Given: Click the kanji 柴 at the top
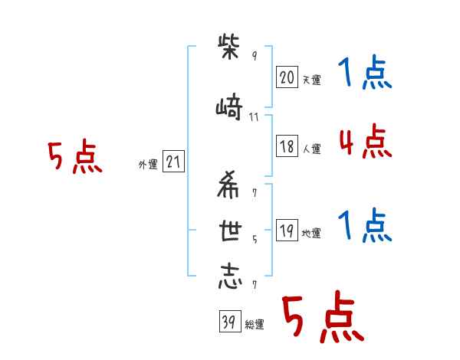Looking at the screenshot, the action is (228, 47).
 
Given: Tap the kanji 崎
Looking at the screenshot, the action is (229, 106).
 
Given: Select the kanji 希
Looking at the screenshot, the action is (228, 185).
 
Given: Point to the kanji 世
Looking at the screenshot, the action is (230, 231).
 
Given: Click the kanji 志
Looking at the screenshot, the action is (230, 277).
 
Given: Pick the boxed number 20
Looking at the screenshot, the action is (287, 77).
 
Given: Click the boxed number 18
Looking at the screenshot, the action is (287, 146).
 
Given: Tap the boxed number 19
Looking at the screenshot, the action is (287, 230).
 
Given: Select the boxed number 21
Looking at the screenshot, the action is (173, 162).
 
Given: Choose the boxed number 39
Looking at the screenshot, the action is (230, 321).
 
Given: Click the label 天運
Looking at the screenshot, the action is (312, 80).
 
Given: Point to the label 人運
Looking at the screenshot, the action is (312, 149).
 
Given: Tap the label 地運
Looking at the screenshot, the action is (311, 233).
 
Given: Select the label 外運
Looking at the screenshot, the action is (148, 165).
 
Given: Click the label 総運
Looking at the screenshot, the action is (255, 324).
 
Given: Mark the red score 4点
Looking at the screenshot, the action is (366, 141).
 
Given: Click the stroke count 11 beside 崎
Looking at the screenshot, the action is (254, 117).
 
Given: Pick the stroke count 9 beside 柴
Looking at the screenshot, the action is (255, 55).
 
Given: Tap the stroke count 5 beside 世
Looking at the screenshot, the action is (255, 240).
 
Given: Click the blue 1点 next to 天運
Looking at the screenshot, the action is (365, 72).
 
